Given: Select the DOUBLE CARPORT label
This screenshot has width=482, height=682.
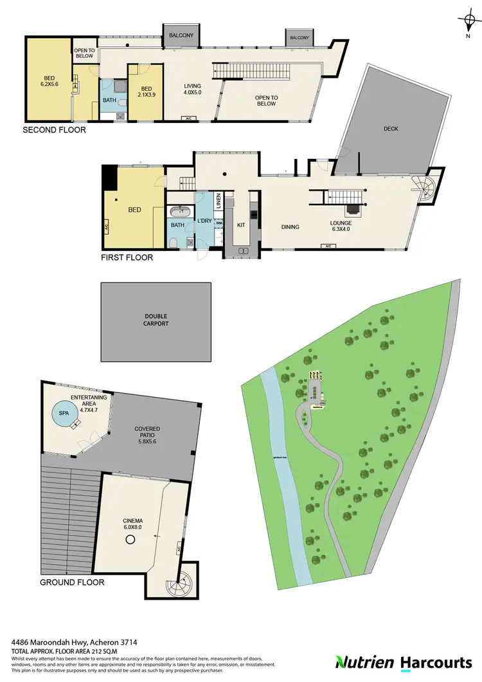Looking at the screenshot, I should tap(156, 320).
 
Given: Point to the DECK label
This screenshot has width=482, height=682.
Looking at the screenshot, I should tap(391, 129).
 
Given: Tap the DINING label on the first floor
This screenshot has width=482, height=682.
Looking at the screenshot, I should tap(291, 226).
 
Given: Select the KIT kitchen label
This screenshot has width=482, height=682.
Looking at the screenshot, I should tap(242, 225).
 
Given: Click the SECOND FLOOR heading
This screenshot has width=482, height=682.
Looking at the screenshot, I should tap(54, 130).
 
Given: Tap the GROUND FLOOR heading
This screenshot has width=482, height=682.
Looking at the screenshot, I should tap(72, 583).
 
